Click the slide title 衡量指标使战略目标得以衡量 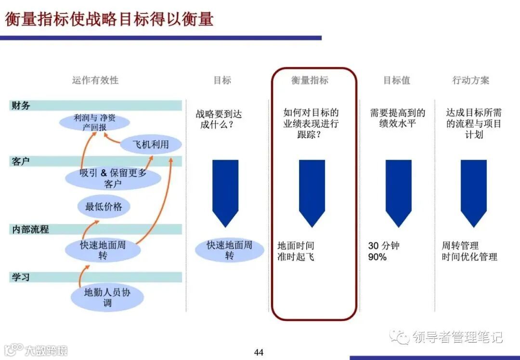[x=109, y=19]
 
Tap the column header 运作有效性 [x=95, y=80]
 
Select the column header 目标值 [x=397, y=80]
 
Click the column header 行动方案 [x=470, y=80]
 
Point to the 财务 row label [x=20, y=106]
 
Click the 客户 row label [x=20, y=161]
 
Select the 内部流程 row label [x=30, y=229]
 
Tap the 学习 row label [x=20, y=277]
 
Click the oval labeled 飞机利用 [x=151, y=144]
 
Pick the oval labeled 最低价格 [x=104, y=207]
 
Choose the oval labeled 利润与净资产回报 [x=94, y=122]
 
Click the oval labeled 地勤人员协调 [x=107, y=297]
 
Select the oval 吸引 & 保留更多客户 [x=113, y=178]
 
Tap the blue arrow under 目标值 [x=398, y=193]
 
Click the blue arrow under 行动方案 [x=473, y=193]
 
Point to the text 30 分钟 [x=384, y=246]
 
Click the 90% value [x=377, y=257]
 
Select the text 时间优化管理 [x=469, y=257]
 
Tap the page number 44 [x=259, y=352]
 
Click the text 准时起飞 [x=296, y=257]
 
